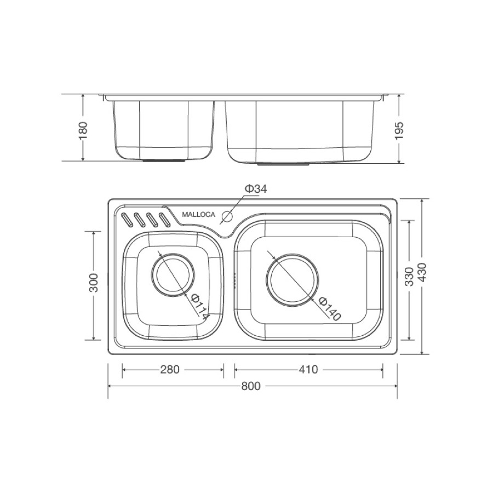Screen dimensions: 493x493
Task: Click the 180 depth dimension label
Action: pos(83,130)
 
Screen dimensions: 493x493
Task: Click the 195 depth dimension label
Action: pos(399,130)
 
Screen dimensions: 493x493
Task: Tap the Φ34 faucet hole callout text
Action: pos(256,188)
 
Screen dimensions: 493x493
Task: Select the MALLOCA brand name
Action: pos(199,214)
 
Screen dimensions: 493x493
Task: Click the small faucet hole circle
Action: pos(227,216)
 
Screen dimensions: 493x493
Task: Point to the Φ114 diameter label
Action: pos(199,307)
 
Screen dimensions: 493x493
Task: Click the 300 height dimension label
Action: pos(94,283)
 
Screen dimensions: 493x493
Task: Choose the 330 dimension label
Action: pos(409,277)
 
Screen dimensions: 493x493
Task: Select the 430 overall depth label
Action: pos(422,272)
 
